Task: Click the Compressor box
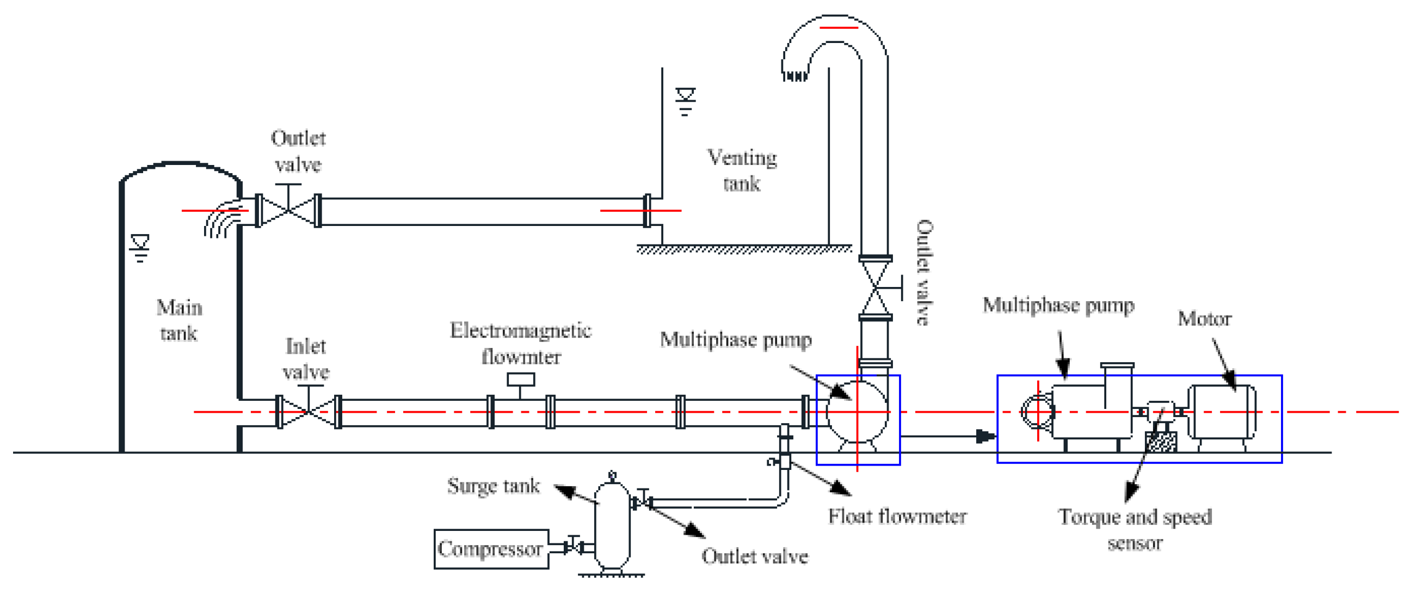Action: pos(491,549)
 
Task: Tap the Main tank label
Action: pos(179,320)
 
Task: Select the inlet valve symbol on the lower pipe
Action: pos(308,412)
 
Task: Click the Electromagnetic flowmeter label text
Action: pos(520,344)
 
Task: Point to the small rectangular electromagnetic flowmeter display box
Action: pos(520,380)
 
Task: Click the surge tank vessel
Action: pos(612,526)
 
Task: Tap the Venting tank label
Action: pos(742,170)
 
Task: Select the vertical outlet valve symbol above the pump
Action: pos(875,288)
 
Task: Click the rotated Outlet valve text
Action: pos(924,273)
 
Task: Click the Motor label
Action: pos(1204,319)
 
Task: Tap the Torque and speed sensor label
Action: pos(1134,530)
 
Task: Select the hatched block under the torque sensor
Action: pos(1161,442)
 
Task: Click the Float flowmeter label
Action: pos(897,516)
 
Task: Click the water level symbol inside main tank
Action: pos(140,247)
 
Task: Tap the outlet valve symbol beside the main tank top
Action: pos(288,210)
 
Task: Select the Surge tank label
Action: pos(493,486)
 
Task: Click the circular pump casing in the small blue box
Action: pos(857,412)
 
